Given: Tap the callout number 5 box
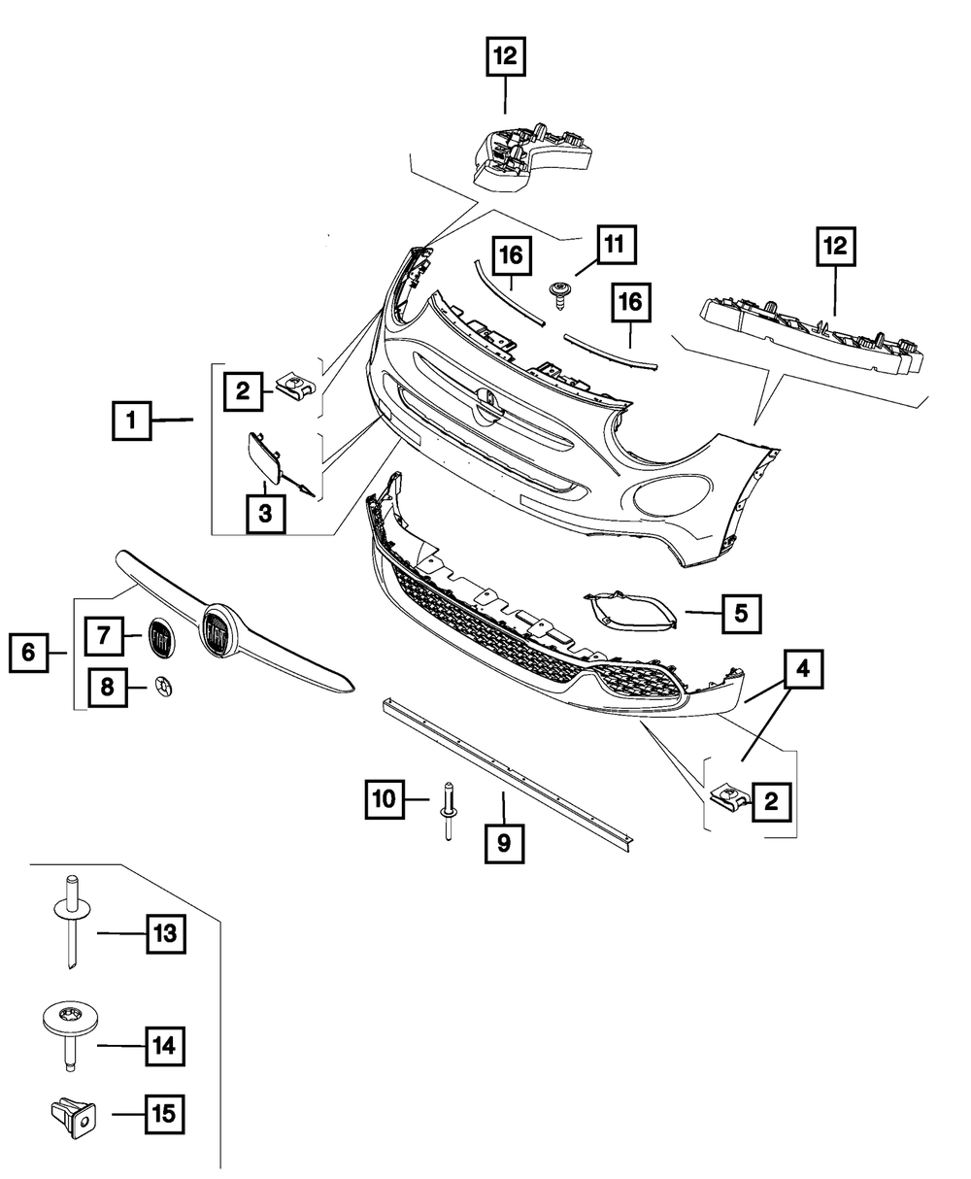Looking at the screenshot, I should (x=741, y=613).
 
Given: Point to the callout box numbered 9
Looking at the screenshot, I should (x=504, y=842).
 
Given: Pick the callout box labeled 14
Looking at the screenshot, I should (x=163, y=1046).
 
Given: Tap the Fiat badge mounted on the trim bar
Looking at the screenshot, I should (x=218, y=635).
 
